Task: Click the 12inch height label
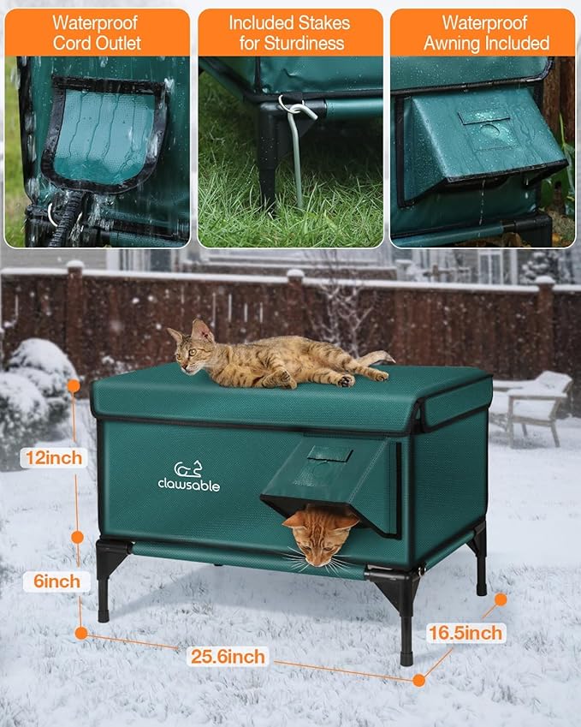coord(54,457)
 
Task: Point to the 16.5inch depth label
coord(465,633)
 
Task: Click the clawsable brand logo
coord(188,477)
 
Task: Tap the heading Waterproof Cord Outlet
coord(97,33)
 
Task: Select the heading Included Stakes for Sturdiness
coord(290,33)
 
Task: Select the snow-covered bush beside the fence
coord(39,377)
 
